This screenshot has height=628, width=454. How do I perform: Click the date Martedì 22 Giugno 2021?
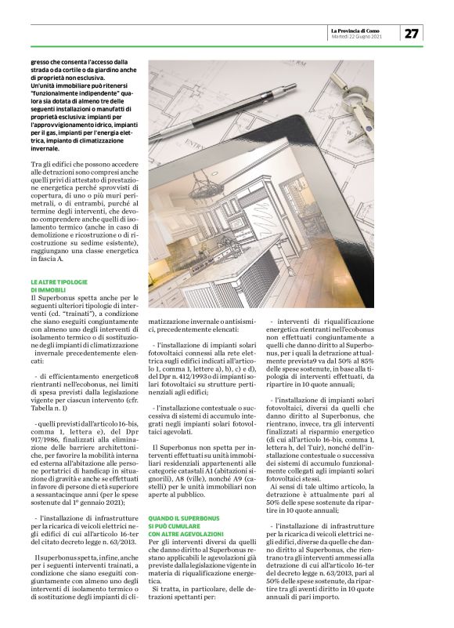click(357, 37)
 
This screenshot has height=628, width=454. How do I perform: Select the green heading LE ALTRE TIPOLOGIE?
click(59, 281)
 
